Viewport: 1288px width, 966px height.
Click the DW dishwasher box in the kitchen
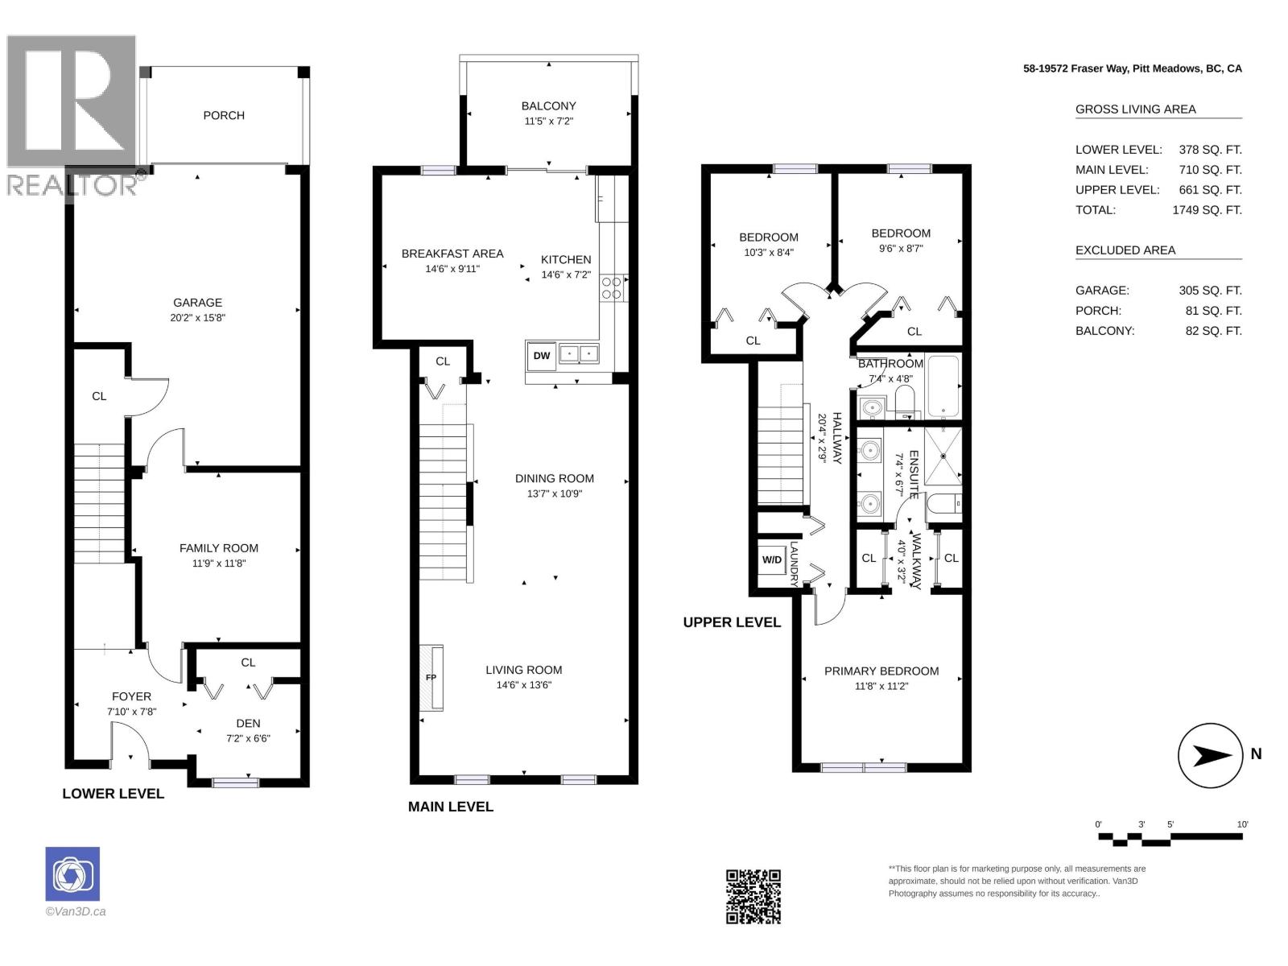[x=541, y=356]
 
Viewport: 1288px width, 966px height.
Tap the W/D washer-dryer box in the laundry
[x=772, y=559]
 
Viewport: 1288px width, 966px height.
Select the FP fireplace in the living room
[x=431, y=678]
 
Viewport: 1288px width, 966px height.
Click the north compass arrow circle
[x=1210, y=755]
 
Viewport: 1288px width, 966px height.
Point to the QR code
[x=753, y=897]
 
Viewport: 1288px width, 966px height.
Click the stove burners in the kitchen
[x=611, y=288]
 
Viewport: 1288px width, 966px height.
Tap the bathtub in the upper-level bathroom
[x=943, y=386]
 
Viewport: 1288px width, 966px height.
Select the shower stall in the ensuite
[x=943, y=456]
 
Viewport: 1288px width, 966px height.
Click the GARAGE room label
[x=198, y=303]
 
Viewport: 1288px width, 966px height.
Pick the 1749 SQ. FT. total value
[x=1207, y=210]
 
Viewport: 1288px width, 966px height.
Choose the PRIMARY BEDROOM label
[x=881, y=671]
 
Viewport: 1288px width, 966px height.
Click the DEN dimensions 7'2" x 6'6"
[x=248, y=738]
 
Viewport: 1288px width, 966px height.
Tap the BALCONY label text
[x=549, y=106]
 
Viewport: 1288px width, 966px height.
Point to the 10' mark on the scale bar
[x=1241, y=824]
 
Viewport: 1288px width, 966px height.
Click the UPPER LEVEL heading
[x=732, y=623]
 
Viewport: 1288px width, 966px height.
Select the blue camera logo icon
[x=72, y=874]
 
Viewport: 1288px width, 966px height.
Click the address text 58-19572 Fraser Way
[x=1075, y=68]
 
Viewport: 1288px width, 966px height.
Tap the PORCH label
[x=224, y=116]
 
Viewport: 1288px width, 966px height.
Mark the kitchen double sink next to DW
[x=579, y=353]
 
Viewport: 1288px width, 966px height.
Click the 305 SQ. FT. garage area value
[x=1210, y=291]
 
